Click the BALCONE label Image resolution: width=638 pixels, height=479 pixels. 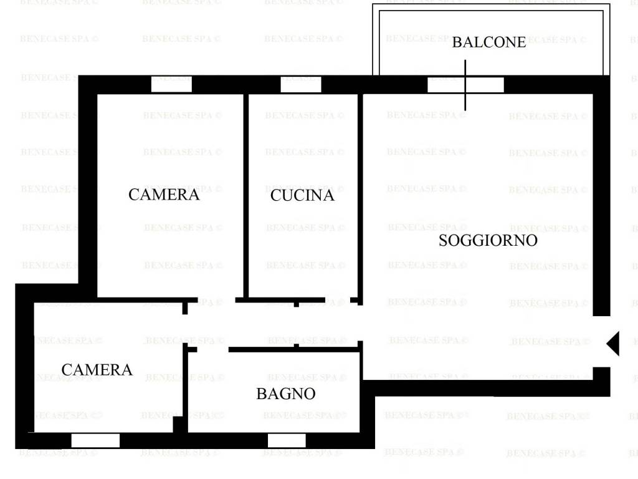[488, 42]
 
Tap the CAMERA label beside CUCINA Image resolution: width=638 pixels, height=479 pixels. [164, 195]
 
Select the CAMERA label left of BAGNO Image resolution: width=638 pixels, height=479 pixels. [97, 370]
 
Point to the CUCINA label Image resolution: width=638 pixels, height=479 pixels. [302, 196]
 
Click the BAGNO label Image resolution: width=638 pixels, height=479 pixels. [285, 394]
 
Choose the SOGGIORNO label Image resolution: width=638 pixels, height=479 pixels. [488, 241]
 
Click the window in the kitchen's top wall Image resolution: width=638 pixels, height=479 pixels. [300, 84]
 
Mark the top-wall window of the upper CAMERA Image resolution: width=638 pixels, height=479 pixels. [171, 84]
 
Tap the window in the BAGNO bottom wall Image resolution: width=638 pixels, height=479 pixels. [287, 440]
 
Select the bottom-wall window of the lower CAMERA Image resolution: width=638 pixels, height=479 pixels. [95, 440]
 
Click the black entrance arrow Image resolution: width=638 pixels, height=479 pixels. [612, 343]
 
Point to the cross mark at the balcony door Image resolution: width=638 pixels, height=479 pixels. [465, 85]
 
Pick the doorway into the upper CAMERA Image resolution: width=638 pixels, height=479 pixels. [216, 301]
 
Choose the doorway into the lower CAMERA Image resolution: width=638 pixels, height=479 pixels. [185, 325]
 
